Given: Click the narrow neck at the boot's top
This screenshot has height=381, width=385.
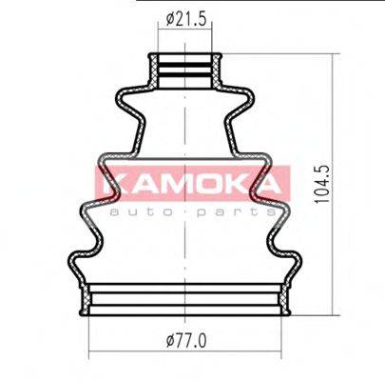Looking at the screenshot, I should [188, 71].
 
